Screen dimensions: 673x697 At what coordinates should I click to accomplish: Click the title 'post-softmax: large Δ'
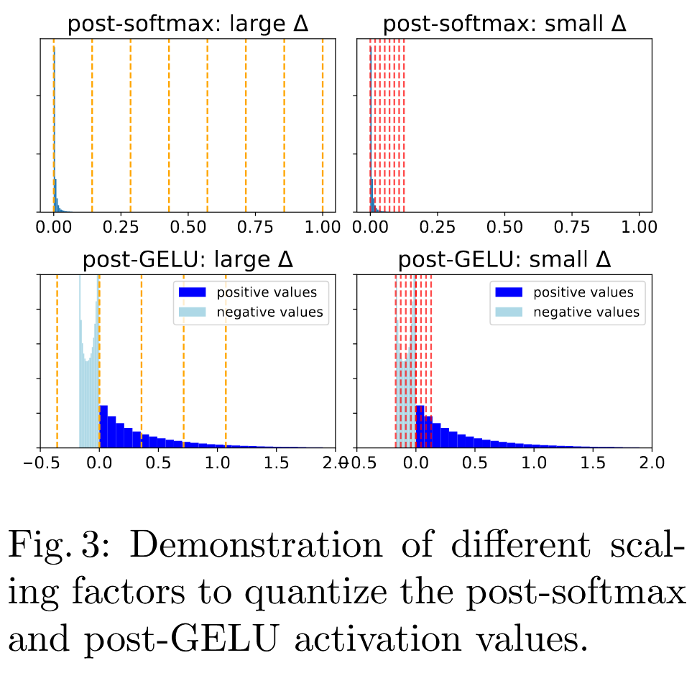(188, 24)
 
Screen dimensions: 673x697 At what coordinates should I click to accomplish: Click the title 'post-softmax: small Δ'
(504, 24)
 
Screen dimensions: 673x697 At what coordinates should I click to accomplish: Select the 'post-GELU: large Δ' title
(188, 260)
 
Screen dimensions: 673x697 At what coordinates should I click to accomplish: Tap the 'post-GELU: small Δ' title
(504, 260)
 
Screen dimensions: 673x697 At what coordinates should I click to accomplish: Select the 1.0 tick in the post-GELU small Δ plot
(532, 462)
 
